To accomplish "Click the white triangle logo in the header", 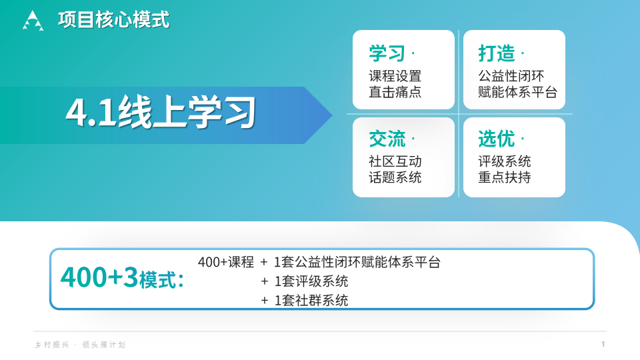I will (x=33, y=21).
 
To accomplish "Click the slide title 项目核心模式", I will (x=113, y=20).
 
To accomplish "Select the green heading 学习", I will (x=387, y=53).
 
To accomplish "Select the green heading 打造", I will (x=496, y=53).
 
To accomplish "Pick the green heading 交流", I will (x=387, y=139).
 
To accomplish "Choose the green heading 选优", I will (x=496, y=139).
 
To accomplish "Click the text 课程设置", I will (x=395, y=76).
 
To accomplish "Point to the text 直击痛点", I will (x=395, y=92).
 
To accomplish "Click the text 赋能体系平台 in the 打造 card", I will (x=517, y=92).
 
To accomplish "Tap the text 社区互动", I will (x=395, y=161).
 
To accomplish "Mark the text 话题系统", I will (x=395, y=177).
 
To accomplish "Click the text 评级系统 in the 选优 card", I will (x=504, y=161).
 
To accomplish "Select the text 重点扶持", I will (x=504, y=177).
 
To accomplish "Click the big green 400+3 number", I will (x=99, y=277).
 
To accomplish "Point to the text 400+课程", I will (x=226, y=262).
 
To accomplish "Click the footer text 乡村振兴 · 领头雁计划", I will (x=80, y=345).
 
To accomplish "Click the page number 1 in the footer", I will (x=603, y=344).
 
